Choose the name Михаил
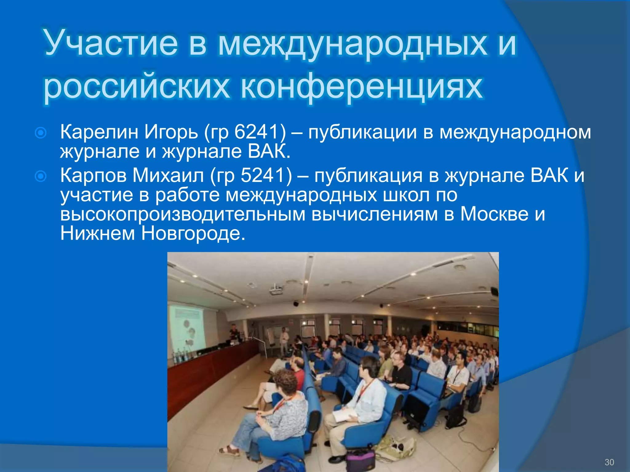click(168, 175)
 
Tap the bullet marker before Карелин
click(41, 133)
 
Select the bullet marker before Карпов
click(41, 176)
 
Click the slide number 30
click(609, 462)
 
